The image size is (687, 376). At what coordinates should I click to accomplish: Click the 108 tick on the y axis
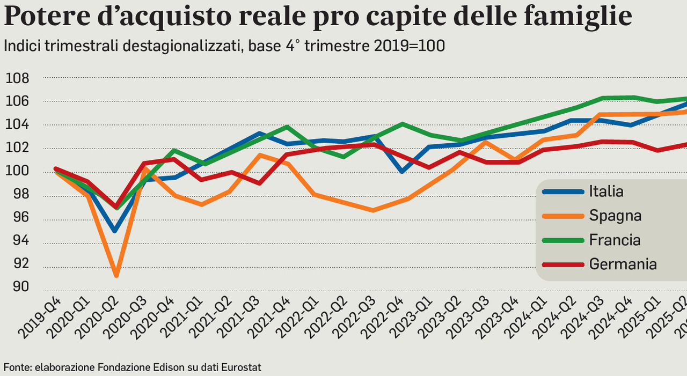tap(17, 78)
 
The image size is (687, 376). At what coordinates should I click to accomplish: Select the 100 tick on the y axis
tap(17, 172)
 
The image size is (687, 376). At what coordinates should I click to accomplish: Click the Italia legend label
tap(606, 191)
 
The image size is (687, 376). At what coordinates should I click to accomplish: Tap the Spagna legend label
tap(615, 216)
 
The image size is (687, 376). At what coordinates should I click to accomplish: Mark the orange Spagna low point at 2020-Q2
tap(115, 276)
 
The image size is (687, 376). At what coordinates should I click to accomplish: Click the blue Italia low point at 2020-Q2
tap(114, 231)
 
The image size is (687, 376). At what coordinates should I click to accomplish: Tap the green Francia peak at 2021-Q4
tap(287, 127)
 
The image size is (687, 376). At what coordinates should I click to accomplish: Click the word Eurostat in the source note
tap(243, 367)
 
